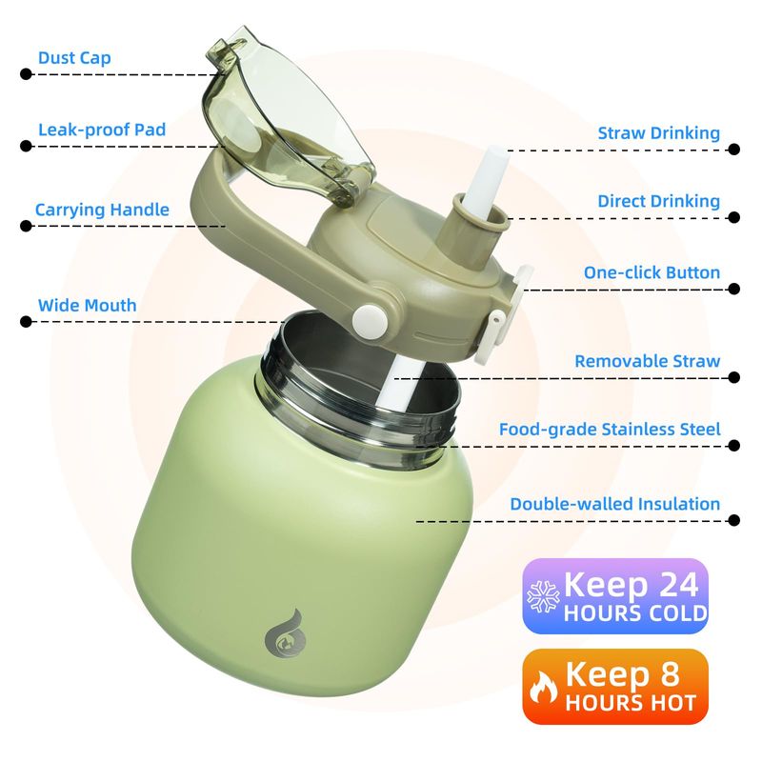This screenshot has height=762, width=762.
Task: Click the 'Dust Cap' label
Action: (x=74, y=58)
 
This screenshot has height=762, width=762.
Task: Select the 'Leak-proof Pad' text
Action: (x=102, y=130)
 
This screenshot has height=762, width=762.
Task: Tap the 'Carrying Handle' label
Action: (x=102, y=210)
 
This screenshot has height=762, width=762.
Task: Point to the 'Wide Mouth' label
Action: (x=87, y=305)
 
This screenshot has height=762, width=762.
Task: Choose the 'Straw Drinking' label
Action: (x=658, y=133)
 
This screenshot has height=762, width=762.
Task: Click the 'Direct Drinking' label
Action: (x=658, y=201)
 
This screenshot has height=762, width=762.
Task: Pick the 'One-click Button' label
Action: (x=652, y=272)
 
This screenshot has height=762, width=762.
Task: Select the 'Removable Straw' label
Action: (x=648, y=361)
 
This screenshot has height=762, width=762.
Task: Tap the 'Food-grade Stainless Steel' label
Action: (x=610, y=430)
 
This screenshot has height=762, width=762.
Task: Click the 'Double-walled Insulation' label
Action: (x=614, y=504)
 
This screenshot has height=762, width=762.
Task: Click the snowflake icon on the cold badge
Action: (x=543, y=596)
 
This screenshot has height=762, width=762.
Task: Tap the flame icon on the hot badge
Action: (x=543, y=687)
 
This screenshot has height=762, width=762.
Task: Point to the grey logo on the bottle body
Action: (x=284, y=635)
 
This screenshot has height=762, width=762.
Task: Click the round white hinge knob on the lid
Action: (x=370, y=320)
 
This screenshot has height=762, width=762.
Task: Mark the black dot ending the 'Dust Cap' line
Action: (x=27, y=74)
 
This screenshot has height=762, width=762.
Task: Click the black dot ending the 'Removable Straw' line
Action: (x=734, y=377)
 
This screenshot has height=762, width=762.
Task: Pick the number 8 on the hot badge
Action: (x=670, y=674)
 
